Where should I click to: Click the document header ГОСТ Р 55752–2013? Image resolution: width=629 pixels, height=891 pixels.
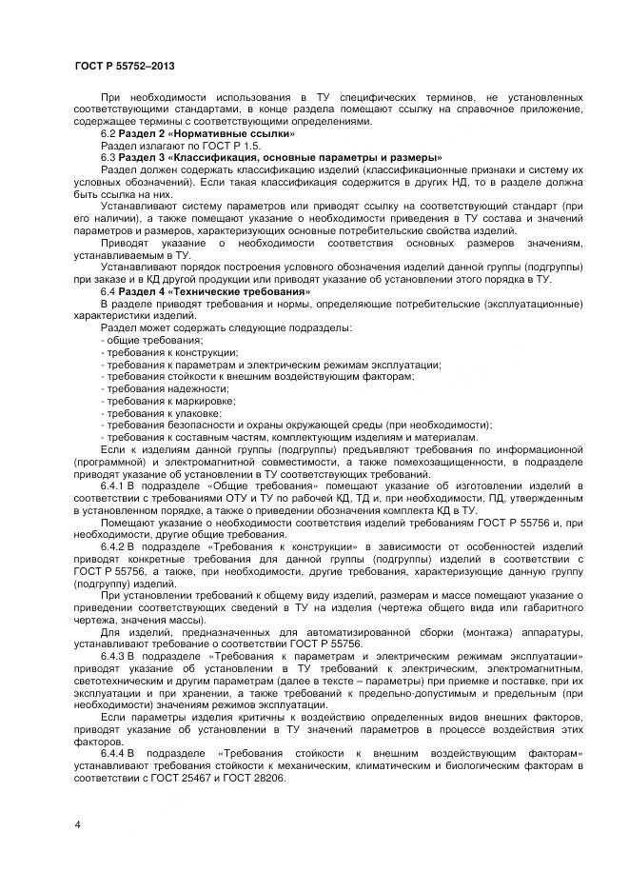(x=124, y=66)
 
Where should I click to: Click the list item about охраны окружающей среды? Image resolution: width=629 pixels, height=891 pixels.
(x=296, y=426)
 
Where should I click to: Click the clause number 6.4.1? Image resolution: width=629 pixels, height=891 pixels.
(x=113, y=485)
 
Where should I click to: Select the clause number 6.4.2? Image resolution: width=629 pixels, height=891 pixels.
(x=113, y=547)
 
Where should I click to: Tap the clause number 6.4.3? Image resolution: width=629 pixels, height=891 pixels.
(x=113, y=657)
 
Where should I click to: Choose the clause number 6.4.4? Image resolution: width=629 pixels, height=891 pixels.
(x=114, y=753)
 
